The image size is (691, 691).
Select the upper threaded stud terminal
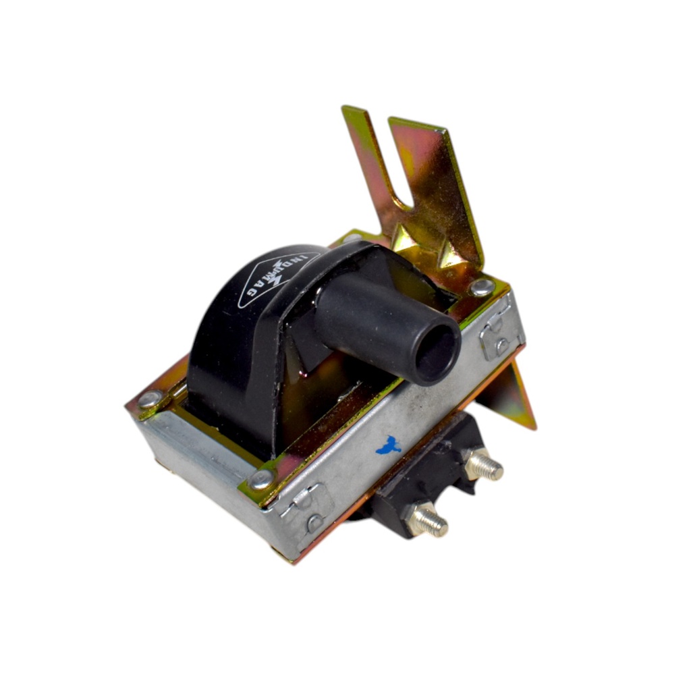pyautogui.click(x=484, y=465)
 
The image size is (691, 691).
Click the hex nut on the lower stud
pyautogui.click(x=416, y=518)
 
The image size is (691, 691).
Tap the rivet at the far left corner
pyautogui.click(x=150, y=399)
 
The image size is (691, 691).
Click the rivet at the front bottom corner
pyautogui.click(x=262, y=480)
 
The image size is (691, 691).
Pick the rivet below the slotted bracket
pyautogui.click(x=482, y=287)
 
